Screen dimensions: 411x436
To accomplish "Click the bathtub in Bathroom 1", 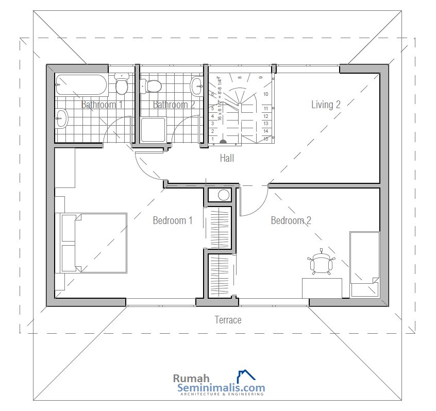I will click(x=81, y=84).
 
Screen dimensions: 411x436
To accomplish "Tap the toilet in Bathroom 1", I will click(x=122, y=85).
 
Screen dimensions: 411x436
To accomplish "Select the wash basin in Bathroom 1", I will click(x=61, y=118).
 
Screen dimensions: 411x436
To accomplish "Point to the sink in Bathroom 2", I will click(x=196, y=86).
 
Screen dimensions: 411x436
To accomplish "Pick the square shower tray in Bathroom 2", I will click(x=153, y=129).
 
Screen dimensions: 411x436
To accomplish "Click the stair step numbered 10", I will click(x=265, y=94).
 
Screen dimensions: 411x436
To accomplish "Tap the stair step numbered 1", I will click(x=212, y=139).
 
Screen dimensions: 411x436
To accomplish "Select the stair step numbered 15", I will click(x=265, y=139).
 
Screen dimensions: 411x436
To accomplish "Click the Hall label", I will click(x=227, y=158).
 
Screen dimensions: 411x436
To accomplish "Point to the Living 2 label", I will click(x=326, y=105).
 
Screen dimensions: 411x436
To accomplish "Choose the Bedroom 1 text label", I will click(x=172, y=220).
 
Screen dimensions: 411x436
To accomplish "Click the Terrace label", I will click(x=228, y=320).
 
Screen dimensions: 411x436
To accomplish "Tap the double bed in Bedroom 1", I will click(x=94, y=243).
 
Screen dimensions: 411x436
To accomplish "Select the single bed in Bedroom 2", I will click(x=364, y=264).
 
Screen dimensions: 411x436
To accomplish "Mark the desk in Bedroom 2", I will click(x=322, y=287).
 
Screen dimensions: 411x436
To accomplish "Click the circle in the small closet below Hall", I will click(x=224, y=195).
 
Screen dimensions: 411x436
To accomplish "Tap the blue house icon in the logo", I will click(x=246, y=376).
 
